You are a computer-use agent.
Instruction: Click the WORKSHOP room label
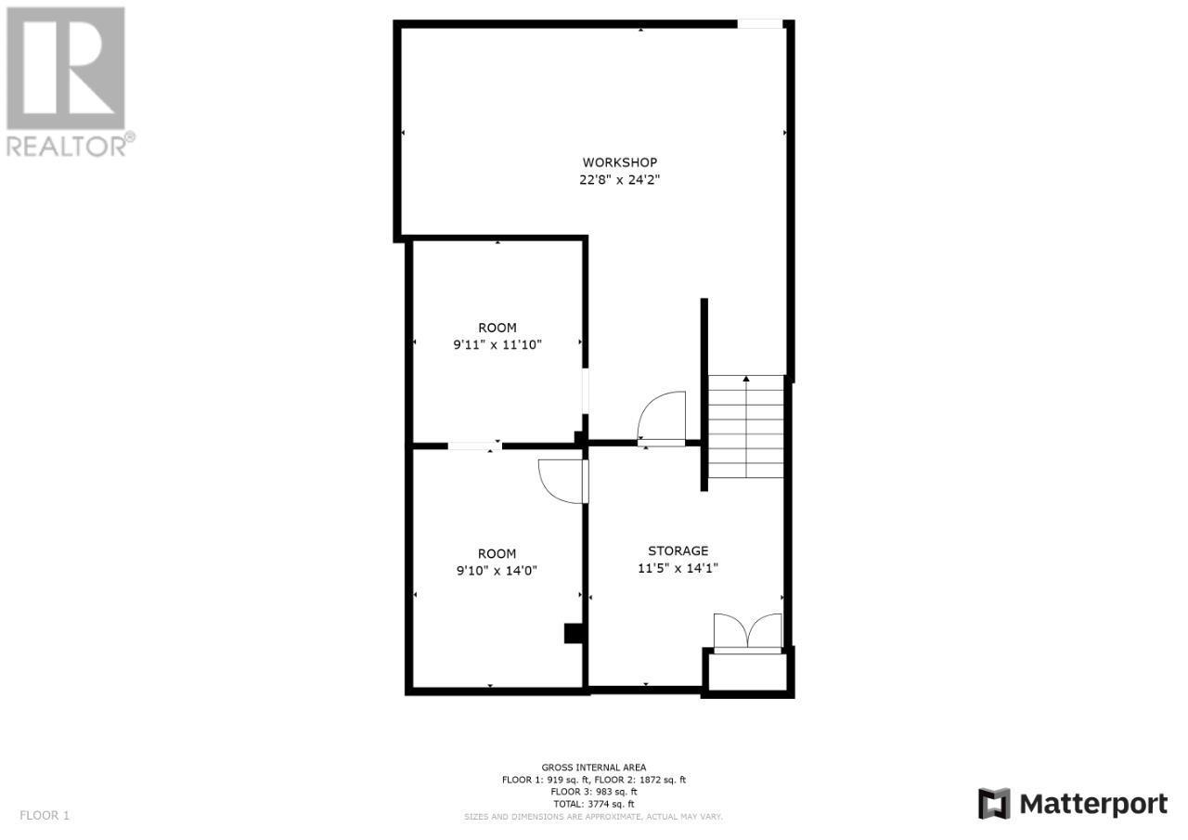pos(619,162)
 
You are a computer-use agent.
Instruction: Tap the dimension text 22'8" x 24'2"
pos(619,180)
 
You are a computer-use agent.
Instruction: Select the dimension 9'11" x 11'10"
pos(497,344)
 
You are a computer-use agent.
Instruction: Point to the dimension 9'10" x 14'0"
pos(497,571)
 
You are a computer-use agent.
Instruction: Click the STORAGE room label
pos(678,550)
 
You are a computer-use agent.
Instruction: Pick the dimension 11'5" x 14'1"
pos(678,568)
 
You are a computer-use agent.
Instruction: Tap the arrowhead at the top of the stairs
pos(746,379)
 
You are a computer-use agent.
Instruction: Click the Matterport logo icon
pos(994,803)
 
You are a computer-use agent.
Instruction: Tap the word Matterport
pos(1094,803)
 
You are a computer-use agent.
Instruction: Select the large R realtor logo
pos(65,68)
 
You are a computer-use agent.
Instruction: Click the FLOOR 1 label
pos(45,816)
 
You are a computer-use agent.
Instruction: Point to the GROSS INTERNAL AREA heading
pos(594,768)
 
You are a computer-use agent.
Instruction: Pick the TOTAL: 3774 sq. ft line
pos(594,804)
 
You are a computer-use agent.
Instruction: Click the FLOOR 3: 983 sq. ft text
pos(594,792)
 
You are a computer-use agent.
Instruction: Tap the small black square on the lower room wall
pos(573,633)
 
